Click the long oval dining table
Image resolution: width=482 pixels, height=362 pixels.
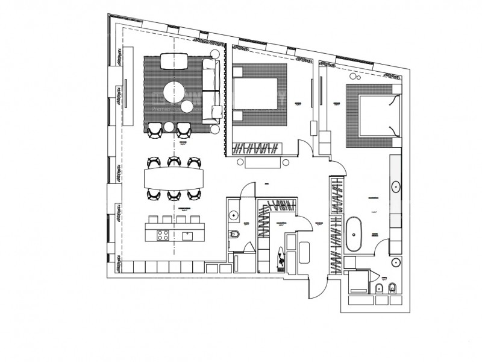pos(174,178)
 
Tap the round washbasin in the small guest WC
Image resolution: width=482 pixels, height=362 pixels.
pos(234,214)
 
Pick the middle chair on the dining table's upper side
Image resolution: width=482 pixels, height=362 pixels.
pos(174,161)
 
